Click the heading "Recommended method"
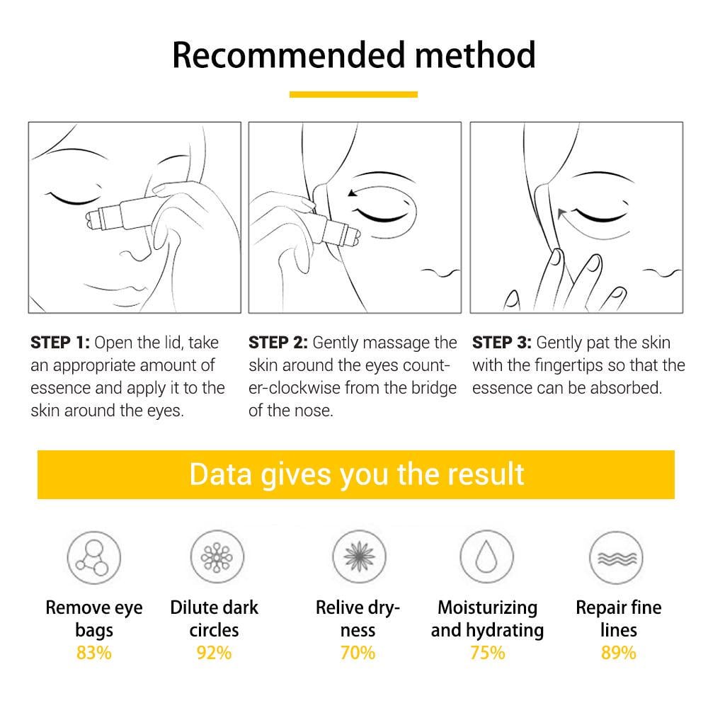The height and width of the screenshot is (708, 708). pos(354,55)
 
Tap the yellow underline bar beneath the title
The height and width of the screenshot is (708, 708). pos(353,94)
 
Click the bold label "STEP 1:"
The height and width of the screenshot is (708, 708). pos(59,343)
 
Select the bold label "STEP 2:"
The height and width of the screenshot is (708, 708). pos(278,343)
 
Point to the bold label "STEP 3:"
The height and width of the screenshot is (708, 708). pos(501,343)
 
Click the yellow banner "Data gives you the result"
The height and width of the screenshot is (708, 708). pos(356,474)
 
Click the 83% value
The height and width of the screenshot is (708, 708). pos(93,653)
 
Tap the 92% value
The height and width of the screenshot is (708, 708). pos(214,653)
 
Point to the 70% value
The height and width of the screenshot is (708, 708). pos(358,653)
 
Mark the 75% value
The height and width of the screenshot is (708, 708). pos(487,653)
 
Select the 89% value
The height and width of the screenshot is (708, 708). pos(618,653)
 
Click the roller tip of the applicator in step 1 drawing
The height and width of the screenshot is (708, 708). pos(95,219)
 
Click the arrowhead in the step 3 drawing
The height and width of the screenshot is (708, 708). pos(561,210)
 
